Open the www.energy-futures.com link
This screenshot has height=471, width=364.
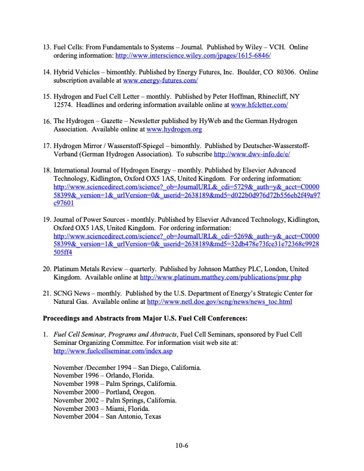pos(161,80)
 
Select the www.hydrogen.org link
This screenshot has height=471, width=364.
pos(174,129)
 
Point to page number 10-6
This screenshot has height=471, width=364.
pos(181,444)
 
